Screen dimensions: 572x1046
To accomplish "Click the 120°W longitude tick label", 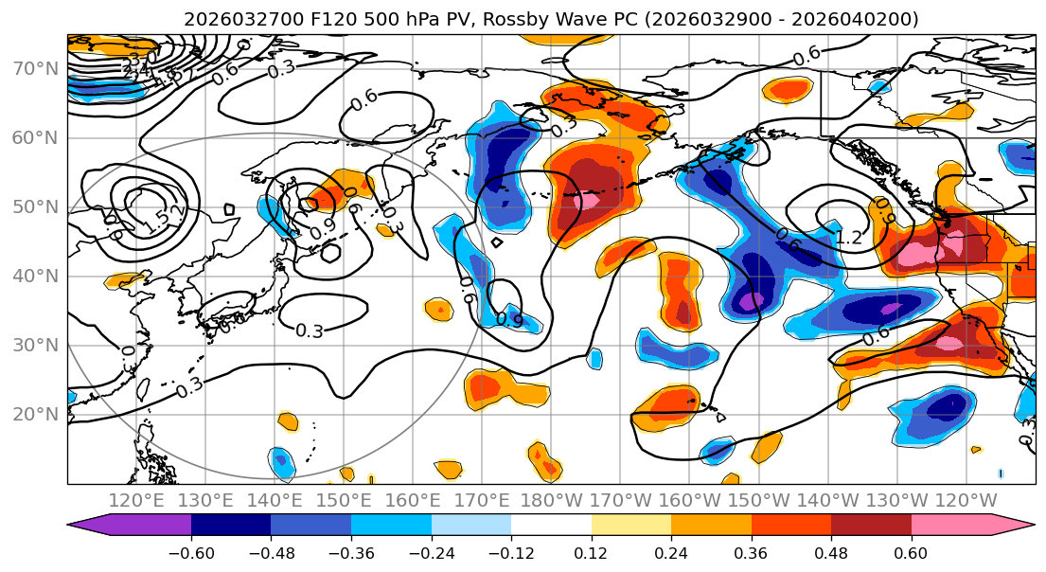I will (x=966, y=500).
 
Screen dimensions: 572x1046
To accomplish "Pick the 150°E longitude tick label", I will (x=345, y=500).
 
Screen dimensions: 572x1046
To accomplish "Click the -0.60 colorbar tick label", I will (x=191, y=552).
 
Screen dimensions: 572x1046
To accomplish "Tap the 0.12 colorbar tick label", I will (x=592, y=552).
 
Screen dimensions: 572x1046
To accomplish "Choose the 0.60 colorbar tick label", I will (x=912, y=552).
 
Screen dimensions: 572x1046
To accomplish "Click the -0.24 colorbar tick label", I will (x=432, y=552).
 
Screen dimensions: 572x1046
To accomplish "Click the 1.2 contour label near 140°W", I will (x=849, y=238).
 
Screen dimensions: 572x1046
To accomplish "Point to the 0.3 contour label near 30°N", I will (x=310, y=331).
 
